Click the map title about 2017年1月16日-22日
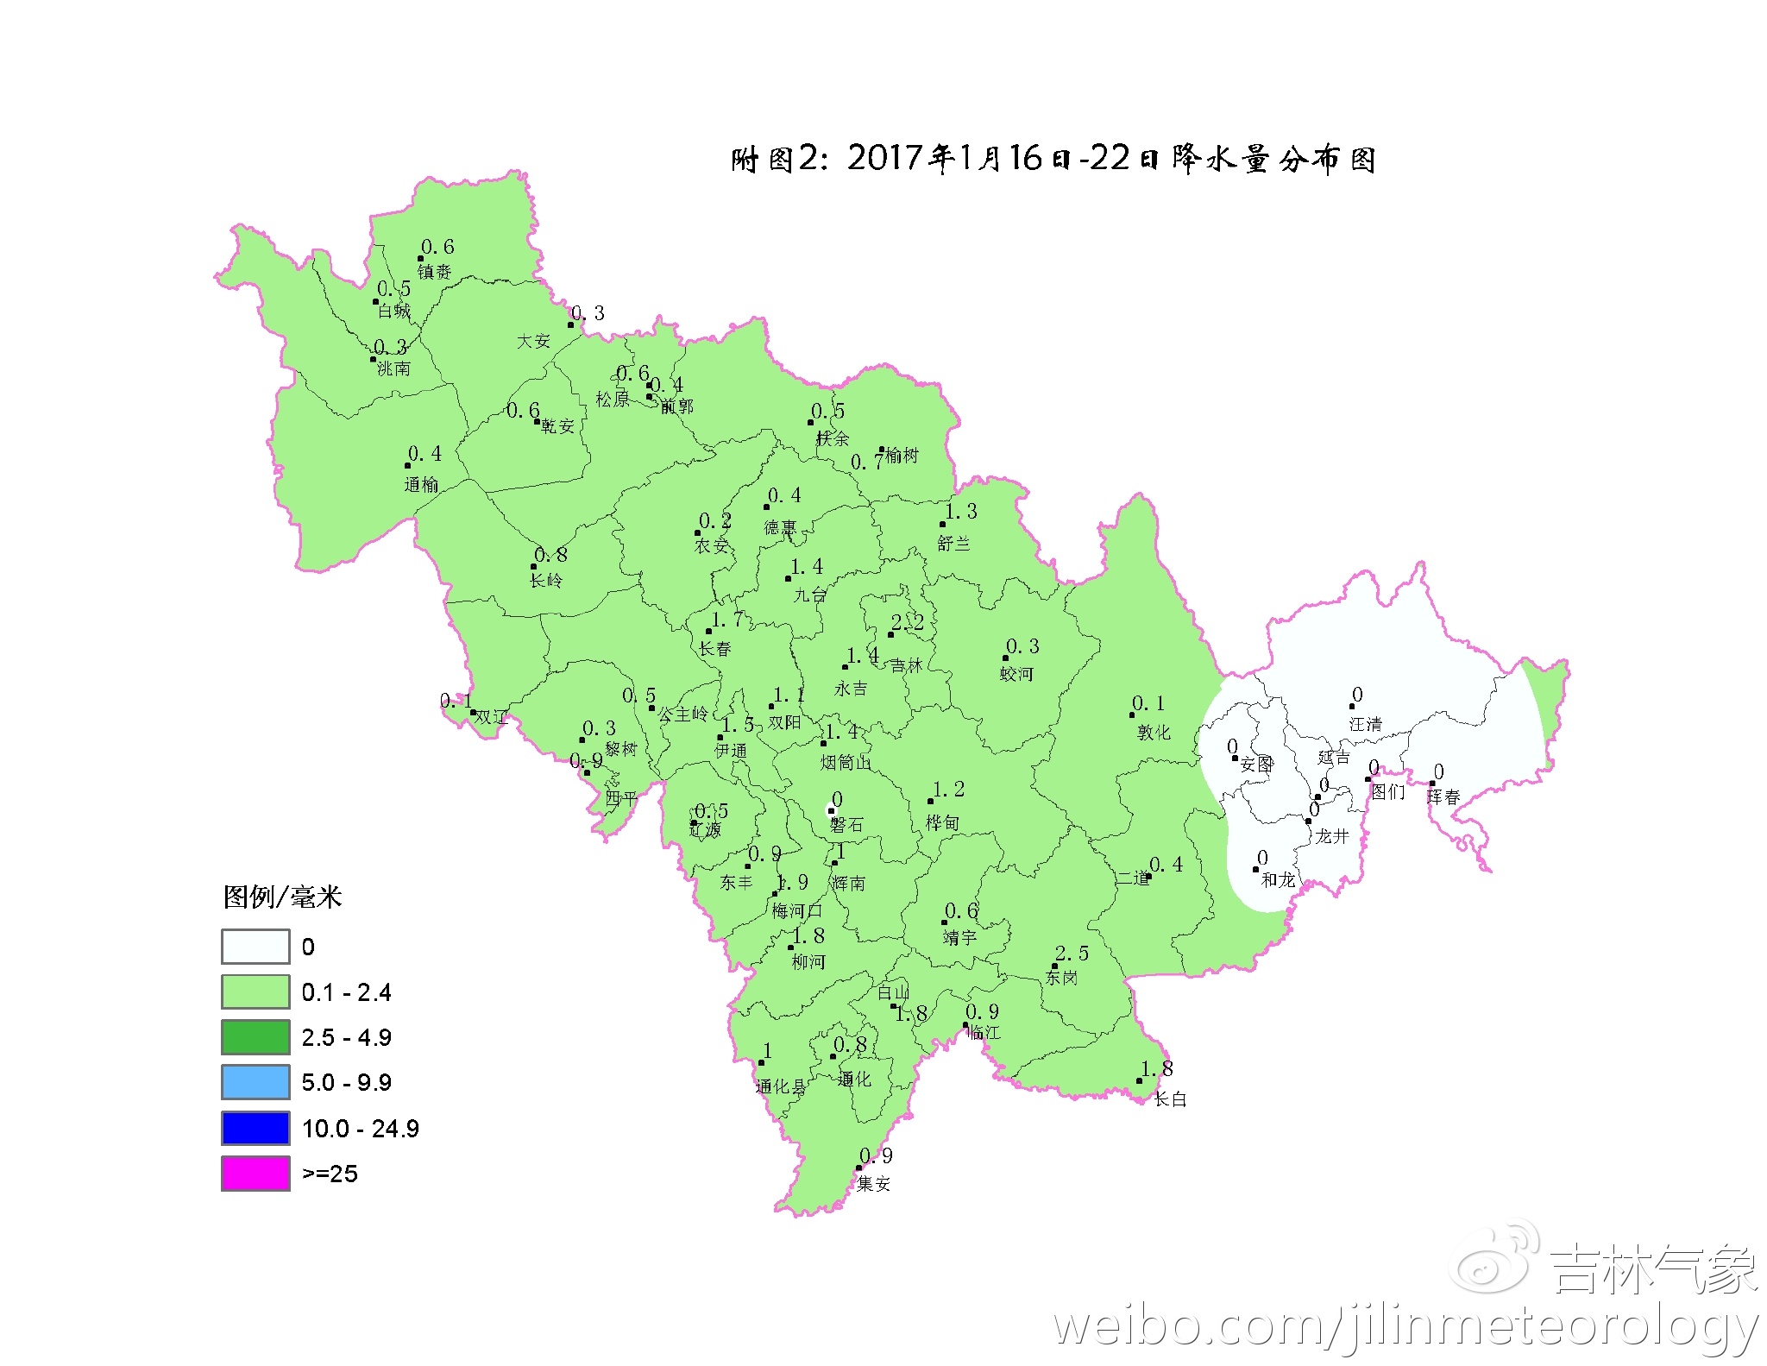click(1053, 159)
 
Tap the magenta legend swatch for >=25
click(255, 1174)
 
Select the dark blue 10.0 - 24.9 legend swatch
click(255, 1128)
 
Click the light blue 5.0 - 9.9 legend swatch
click(255, 1082)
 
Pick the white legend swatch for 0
click(255, 947)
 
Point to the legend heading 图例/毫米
click(282, 897)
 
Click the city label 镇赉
click(435, 272)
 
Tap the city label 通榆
click(421, 484)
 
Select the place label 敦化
click(1154, 733)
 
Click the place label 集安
click(873, 1184)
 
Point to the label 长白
click(1171, 1098)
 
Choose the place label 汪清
click(1366, 724)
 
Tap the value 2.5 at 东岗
click(1072, 954)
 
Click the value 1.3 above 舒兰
click(960, 512)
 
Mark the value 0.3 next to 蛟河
click(1022, 646)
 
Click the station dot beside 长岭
click(534, 567)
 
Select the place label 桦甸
click(942, 823)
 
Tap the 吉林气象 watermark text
click(1653, 1270)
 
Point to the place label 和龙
click(1278, 879)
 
